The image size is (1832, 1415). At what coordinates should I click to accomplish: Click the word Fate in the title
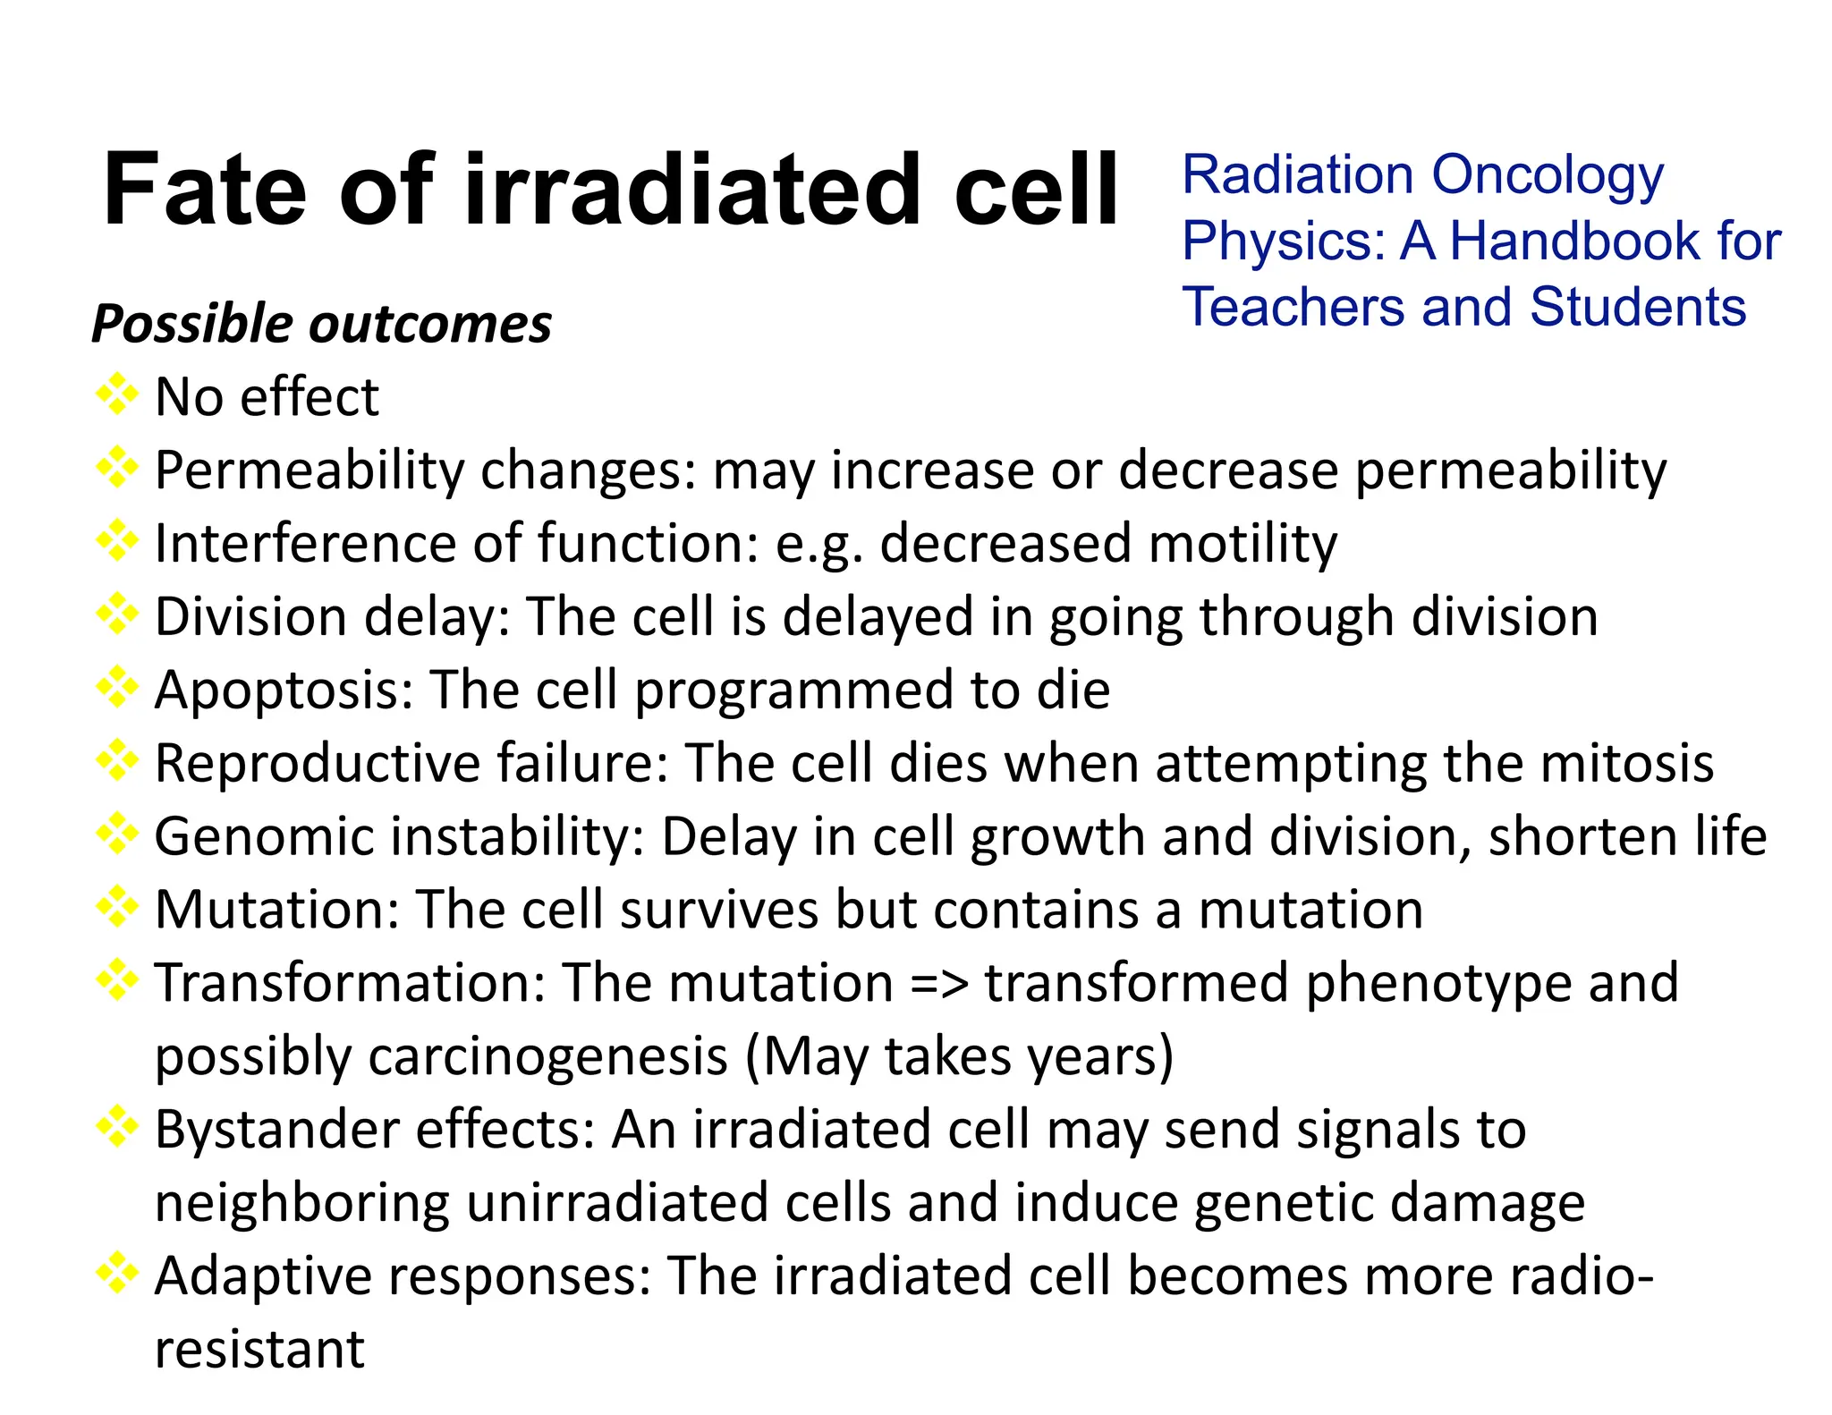204,190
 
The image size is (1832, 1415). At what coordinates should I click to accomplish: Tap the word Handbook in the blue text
1574,241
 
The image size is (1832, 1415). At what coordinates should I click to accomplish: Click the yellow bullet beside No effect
117,394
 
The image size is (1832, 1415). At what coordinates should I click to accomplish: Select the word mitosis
1627,764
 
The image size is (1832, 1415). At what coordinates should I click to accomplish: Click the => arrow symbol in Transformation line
939,984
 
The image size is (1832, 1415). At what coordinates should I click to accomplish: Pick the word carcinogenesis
548,1057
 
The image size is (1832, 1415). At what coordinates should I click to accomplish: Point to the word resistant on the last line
259,1350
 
